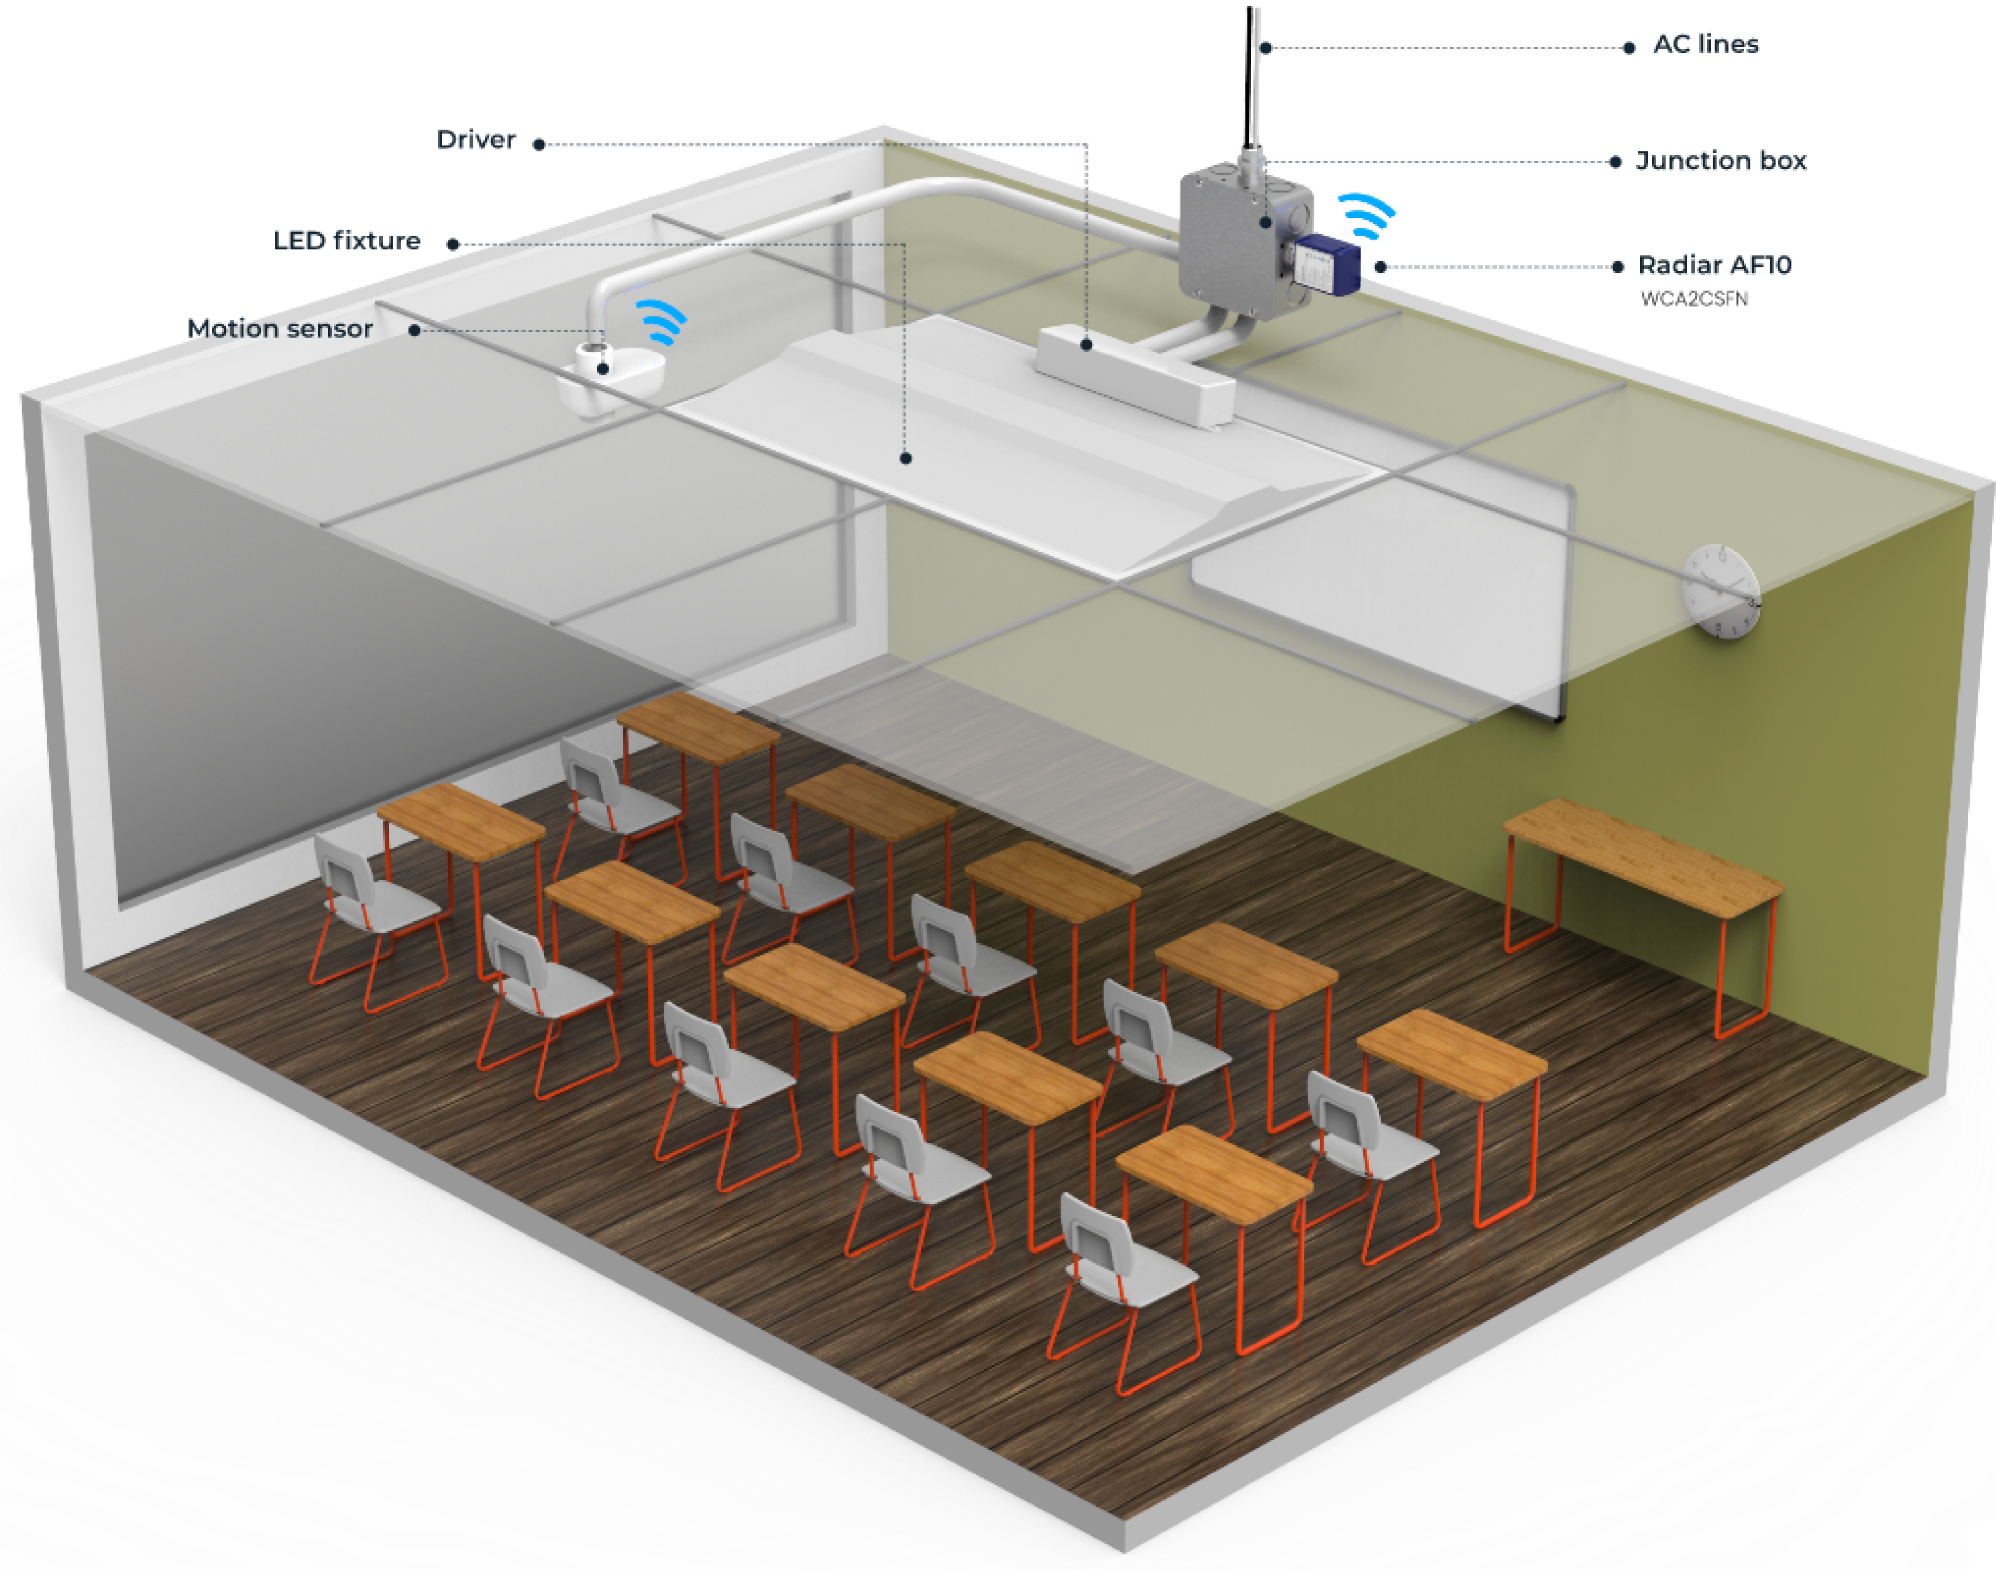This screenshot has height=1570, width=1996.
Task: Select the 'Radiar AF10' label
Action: (x=1714, y=265)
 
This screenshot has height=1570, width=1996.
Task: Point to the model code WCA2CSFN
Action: (x=1694, y=299)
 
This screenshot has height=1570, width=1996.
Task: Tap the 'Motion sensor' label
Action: (x=280, y=328)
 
